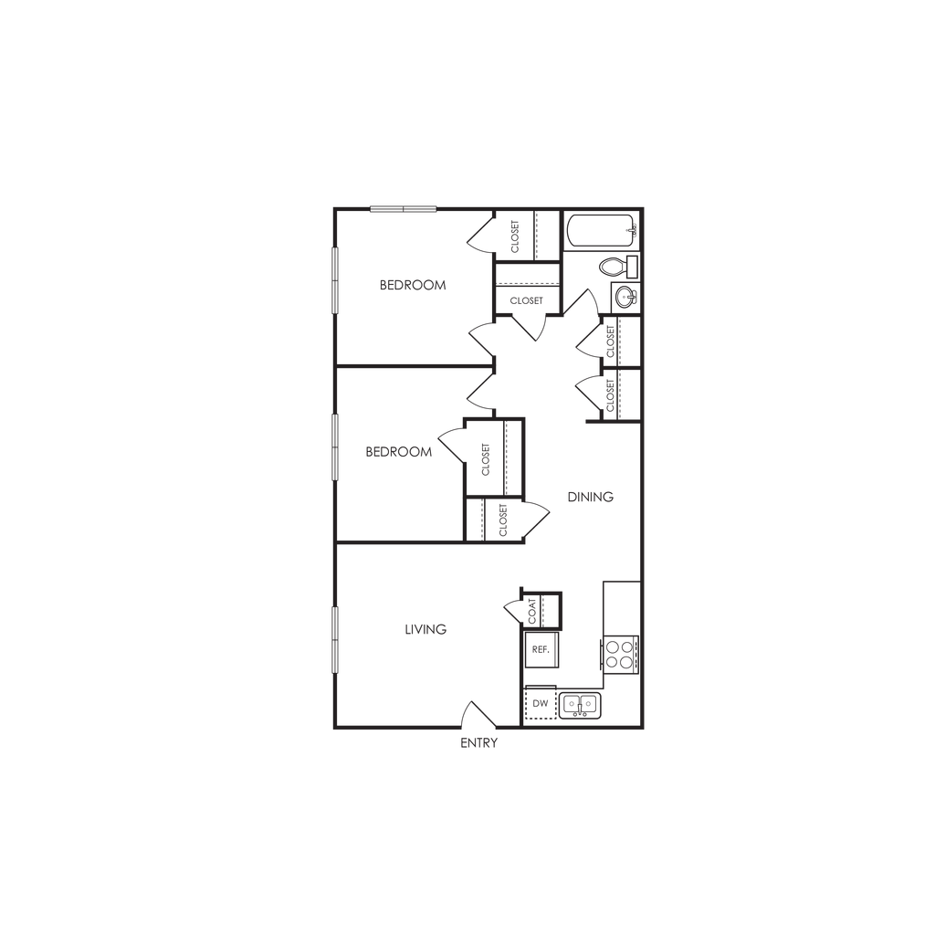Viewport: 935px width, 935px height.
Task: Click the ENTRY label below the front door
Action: tap(478, 743)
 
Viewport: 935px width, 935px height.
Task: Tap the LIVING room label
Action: tap(425, 629)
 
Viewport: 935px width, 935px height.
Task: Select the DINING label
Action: tap(591, 497)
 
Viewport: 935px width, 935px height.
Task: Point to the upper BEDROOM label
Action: tap(413, 285)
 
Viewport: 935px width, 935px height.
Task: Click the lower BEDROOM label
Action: tap(398, 452)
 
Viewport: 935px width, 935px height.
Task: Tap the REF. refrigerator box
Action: tap(541, 649)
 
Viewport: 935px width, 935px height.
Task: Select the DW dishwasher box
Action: tap(541, 704)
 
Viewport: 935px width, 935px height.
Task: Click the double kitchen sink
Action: tap(580, 706)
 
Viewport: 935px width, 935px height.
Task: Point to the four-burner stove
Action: tap(620, 654)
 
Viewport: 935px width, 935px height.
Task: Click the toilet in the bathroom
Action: tap(618, 267)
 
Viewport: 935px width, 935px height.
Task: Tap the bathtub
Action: tap(602, 231)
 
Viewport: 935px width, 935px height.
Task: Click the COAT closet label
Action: tap(532, 611)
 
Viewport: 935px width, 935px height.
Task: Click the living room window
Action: tap(335, 640)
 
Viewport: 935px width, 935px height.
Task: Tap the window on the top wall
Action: tap(404, 209)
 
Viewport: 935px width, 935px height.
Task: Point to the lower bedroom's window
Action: tap(335, 447)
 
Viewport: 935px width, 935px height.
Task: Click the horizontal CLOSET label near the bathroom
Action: tap(527, 300)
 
